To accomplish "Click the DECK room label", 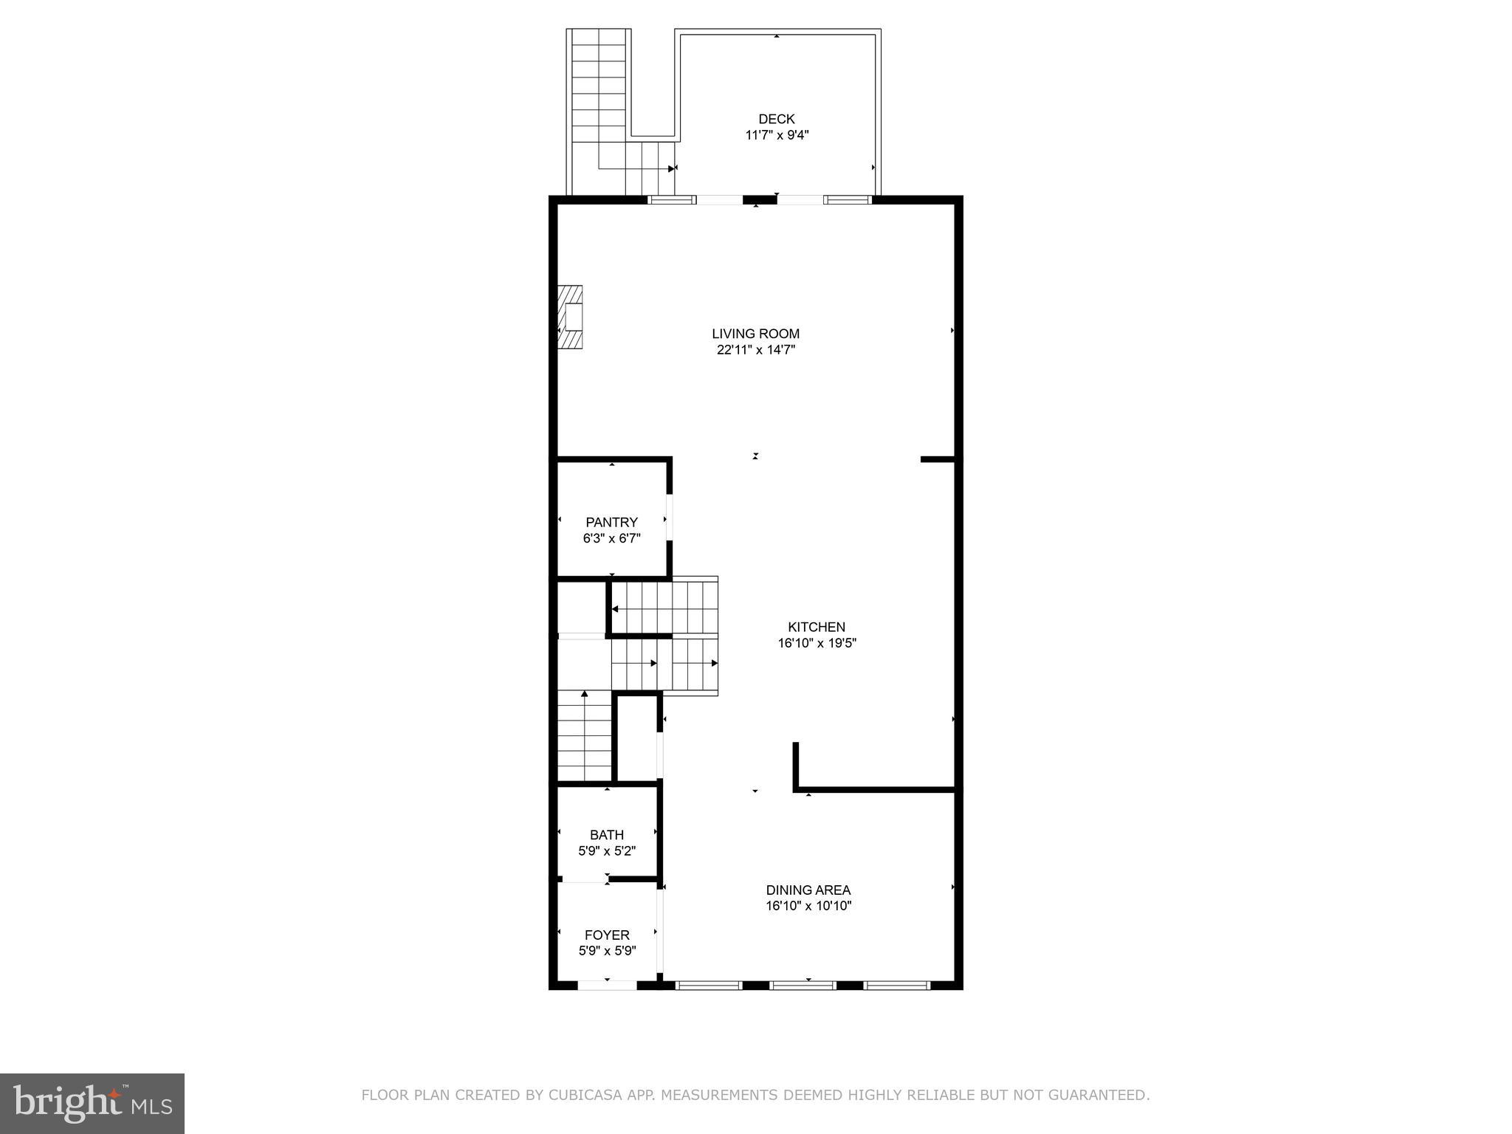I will [x=776, y=119].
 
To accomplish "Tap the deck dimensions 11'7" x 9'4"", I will [x=777, y=135].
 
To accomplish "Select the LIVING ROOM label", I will [x=755, y=334].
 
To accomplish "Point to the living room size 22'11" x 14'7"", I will [x=755, y=350].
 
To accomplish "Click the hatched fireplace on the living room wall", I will [x=570, y=317].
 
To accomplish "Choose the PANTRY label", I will [x=611, y=522].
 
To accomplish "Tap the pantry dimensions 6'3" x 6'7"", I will [x=611, y=538].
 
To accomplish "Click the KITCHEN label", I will [x=816, y=627].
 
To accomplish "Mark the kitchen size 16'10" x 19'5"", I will [x=817, y=643].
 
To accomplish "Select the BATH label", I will [x=606, y=835].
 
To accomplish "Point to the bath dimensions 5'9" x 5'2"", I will [x=606, y=850].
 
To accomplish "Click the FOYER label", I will [x=607, y=935].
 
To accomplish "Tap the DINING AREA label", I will [x=808, y=890].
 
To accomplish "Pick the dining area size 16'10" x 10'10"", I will [x=808, y=906].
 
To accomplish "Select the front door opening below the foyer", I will [x=607, y=985].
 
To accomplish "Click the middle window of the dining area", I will [x=803, y=985].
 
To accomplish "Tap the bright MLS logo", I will [x=92, y=1103].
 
